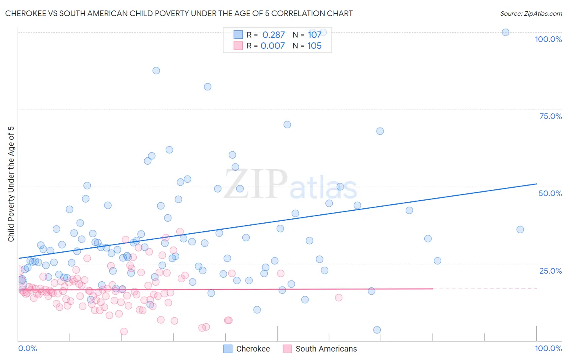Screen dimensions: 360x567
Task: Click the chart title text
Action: point(179,13)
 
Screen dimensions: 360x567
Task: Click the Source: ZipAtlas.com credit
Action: point(531,13)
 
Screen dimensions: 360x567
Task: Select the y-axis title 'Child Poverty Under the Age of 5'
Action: point(11,184)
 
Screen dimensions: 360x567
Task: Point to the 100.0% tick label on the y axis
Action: point(548,39)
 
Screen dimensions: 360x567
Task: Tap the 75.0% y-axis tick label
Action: point(550,116)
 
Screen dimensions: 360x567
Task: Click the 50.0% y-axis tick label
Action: point(550,193)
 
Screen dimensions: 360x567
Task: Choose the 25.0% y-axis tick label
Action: point(550,270)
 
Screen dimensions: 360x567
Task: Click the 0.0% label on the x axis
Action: point(27,348)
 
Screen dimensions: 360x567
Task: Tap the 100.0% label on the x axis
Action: point(548,348)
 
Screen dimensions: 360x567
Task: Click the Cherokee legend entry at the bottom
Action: point(247,349)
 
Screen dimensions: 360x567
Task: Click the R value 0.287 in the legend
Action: point(273,35)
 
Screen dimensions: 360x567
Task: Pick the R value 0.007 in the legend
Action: point(273,46)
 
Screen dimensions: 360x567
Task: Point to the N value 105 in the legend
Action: point(314,46)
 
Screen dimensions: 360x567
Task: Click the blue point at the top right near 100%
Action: point(505,32)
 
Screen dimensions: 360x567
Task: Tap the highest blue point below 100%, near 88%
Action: point(156,71)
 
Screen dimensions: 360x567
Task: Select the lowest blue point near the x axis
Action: point(377,330)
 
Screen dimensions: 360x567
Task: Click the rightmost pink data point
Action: point(339,297)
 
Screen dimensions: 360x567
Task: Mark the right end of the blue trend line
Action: point(536,184)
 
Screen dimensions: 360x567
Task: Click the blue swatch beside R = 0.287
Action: point(238,35)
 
